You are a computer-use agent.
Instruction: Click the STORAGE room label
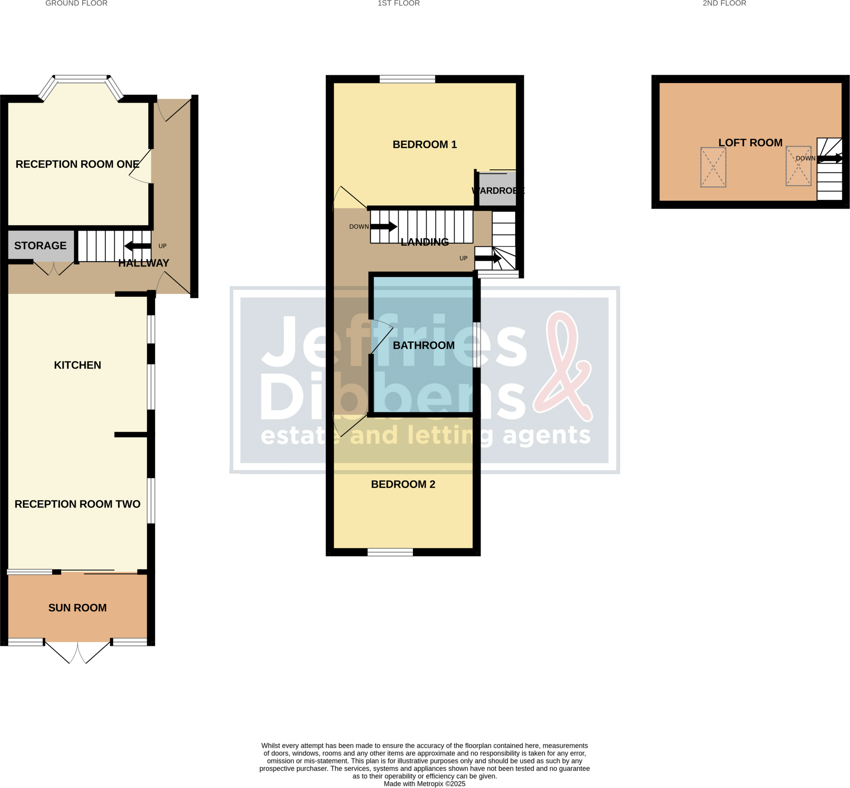click(40, 246)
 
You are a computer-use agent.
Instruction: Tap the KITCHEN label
click(77, 365)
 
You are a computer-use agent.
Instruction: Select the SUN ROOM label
click(77, 607)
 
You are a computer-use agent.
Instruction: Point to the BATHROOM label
click(423, 345)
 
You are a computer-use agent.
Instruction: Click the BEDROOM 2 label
click(403, 484)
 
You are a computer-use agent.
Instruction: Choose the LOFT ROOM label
click(750, 142)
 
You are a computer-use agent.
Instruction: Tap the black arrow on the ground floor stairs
click(137, 246)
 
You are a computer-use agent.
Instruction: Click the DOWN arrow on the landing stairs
click(383, 227)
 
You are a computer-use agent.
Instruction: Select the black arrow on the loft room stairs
click(830, 158)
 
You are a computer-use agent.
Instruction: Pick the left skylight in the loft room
click(713, 167)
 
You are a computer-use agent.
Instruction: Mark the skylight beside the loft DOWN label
click(799, 166)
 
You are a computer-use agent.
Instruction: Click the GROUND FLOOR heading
click(76, 3)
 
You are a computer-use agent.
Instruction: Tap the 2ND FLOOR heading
click(724, 3)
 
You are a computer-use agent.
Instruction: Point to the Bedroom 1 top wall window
click(407, 79)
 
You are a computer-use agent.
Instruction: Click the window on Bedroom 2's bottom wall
click(390, 553)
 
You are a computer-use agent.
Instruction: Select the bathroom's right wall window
click(476, 344)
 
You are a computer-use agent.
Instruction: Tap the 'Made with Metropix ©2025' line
click(424, 784)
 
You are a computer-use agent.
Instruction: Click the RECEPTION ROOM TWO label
click(77, 504)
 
